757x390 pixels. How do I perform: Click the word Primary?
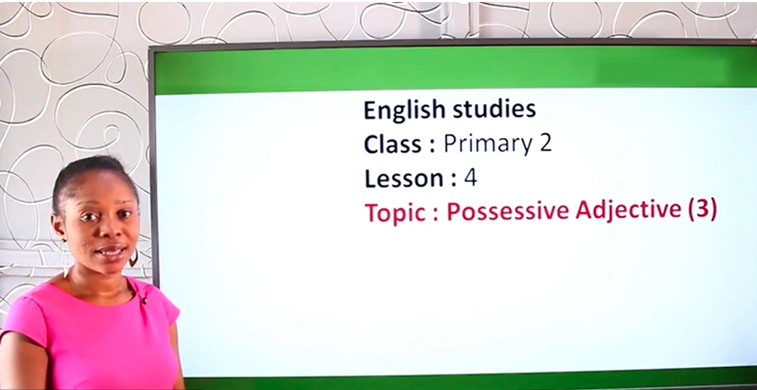488,145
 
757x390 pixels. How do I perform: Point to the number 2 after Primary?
546,143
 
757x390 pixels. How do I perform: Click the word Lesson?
404,179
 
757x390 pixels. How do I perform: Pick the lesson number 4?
470,179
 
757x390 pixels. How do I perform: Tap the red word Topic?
396,213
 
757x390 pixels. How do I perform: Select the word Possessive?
508,212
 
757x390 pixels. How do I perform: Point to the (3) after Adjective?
702,209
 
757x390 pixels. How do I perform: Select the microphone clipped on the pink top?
143,300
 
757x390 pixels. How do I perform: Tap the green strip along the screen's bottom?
469,380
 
